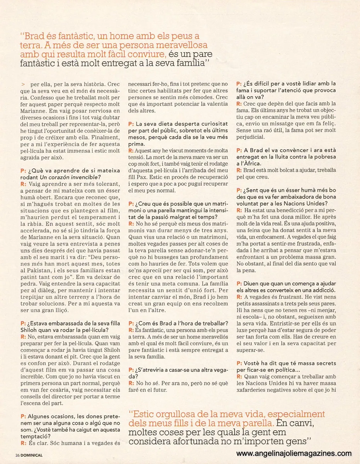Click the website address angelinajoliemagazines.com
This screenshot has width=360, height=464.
click(x=294, y=454)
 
